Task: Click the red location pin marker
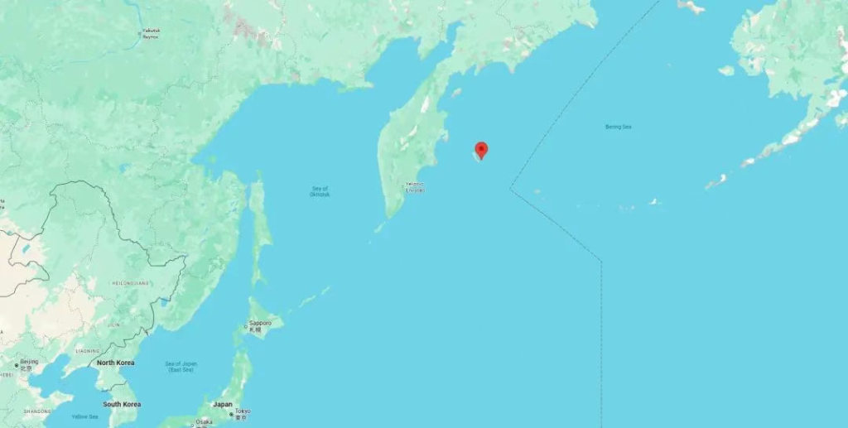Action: (480, 149)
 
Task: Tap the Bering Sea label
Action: (618, 127)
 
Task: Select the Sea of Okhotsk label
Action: (320, 191)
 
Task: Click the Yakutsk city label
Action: (150, 34)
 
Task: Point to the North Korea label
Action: (116, 363)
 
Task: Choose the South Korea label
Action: (122, 404)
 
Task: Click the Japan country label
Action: (223, 404)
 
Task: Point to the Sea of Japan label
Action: (181, 366)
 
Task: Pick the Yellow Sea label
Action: (84, 416)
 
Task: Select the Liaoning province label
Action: (87, 351)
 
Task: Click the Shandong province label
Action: (37, 411)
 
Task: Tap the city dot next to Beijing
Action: (16, 364)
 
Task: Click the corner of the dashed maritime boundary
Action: (510, 190)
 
